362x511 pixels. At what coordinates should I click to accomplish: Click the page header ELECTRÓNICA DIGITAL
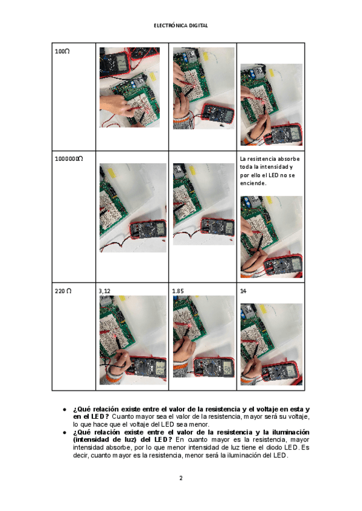pos(181,25)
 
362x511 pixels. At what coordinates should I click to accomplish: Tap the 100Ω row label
pos(62,51)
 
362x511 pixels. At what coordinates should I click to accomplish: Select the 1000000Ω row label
pos(69,158)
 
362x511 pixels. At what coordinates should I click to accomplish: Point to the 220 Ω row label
pos(63,290)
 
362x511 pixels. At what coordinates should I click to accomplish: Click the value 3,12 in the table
pos(104,291)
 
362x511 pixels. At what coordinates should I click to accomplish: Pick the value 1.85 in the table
pos(178,291)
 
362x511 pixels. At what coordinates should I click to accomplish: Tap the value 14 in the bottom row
pos(243,291)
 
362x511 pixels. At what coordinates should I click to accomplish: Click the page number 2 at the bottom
pos(181,478)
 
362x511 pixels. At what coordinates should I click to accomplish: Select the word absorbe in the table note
pos(288,159)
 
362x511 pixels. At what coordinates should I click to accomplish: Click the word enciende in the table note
pos(253,183)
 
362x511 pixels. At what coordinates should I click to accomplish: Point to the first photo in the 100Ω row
pos(130,87)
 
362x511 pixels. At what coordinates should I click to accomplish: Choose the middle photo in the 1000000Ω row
pos(204,204)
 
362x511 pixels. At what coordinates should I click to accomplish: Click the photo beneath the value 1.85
pos(204,337)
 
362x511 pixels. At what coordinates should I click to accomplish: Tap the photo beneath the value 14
pos(271,345)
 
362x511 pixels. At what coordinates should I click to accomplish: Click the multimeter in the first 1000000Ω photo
pos(148,230)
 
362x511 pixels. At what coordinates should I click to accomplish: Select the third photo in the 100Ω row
pos(271,105)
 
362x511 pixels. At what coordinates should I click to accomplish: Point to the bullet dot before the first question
pos(65,409)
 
